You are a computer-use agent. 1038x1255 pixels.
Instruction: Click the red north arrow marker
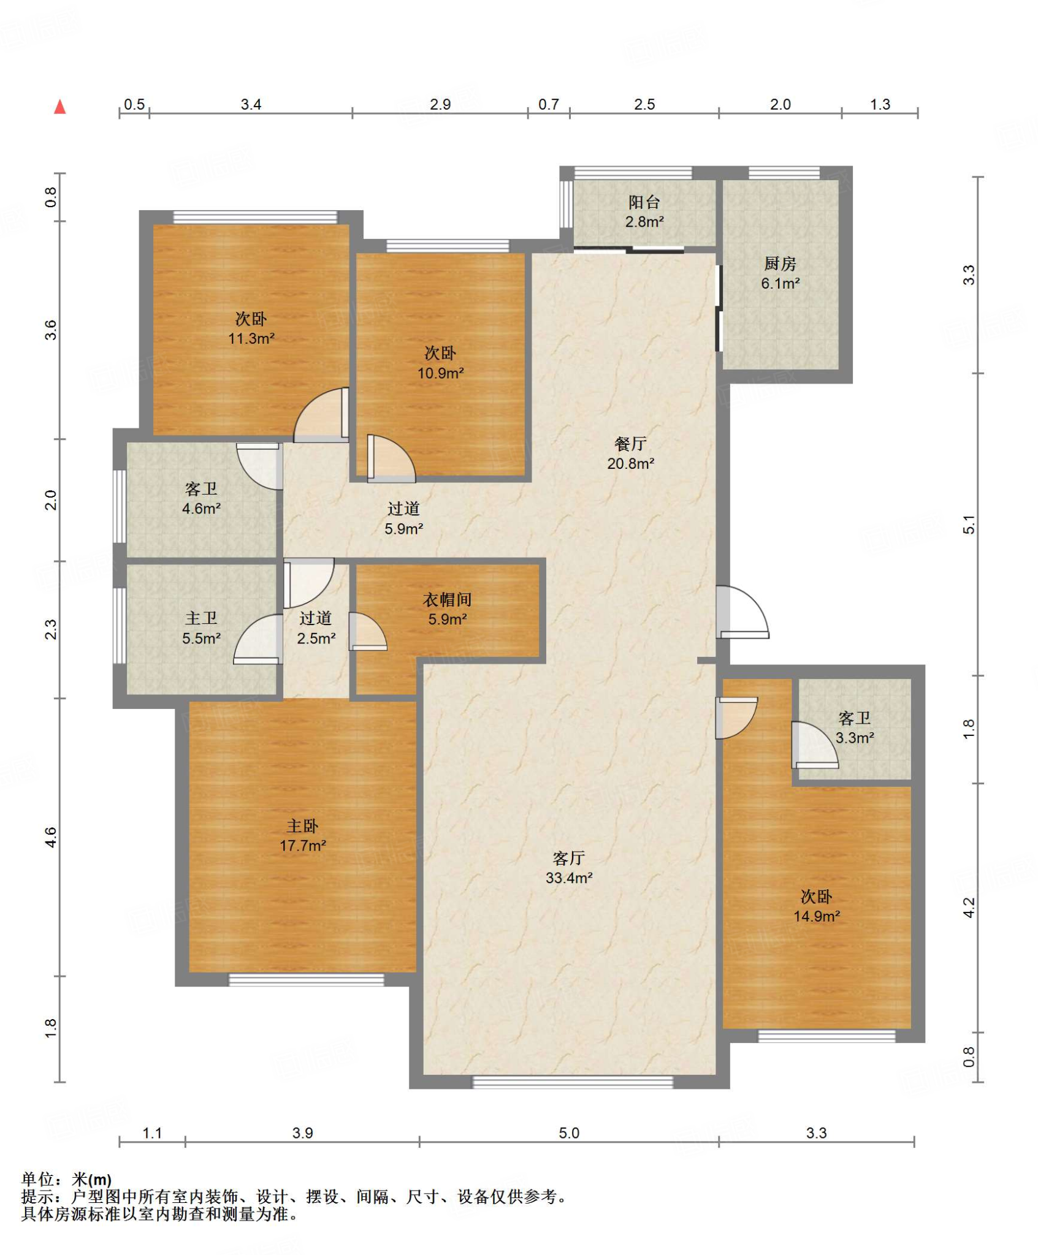[x=59, y=107]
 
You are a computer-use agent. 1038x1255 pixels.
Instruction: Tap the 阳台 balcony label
[x=644, y=202]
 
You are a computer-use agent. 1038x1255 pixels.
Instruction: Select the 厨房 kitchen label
[x=780, y=264]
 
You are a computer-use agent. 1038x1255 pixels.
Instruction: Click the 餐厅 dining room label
[x=630, y=443]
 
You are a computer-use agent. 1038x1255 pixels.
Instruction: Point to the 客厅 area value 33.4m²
[x=569, y=878]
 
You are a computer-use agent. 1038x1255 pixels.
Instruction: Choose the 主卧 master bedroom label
[x=302, y=825]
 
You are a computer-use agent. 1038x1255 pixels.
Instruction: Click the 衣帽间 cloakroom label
[x=447, y=599]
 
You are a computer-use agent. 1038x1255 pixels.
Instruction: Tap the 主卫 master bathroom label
[x=201, y=618]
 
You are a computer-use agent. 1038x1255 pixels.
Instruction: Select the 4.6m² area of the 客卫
[x=201, y=508]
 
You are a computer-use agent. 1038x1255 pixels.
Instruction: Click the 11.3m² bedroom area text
[x=251, y=338]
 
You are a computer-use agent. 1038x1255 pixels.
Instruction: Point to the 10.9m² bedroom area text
[x=440, y=373]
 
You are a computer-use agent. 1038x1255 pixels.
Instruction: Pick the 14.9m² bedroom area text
[x=816, y=916]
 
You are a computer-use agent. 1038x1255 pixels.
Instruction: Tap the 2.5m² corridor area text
[x=316, y=638]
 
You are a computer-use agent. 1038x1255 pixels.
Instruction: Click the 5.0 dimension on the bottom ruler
[x=568, y=1132]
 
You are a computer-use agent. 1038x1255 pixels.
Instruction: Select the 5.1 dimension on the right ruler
[x=969, y=525]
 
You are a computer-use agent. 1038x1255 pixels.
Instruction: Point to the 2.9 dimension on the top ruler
[x=440, y=104]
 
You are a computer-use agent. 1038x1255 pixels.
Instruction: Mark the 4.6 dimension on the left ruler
[x=51, y=837]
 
